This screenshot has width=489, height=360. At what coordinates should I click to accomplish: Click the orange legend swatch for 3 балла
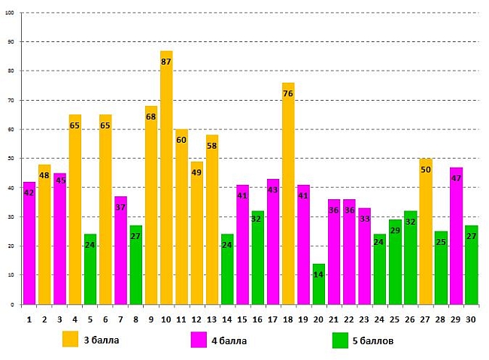coord(71,340)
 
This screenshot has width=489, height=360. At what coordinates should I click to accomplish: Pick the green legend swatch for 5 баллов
coord(341,340)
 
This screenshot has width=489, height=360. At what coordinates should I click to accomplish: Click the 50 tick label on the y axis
coord(10,159)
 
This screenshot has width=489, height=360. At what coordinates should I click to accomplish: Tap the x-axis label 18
coord(288,319)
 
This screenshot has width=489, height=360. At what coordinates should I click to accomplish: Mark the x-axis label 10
coord(166,319)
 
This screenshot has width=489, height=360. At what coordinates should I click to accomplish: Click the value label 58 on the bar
coord(212,146)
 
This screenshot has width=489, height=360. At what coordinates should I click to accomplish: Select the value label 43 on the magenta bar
coord(273,190)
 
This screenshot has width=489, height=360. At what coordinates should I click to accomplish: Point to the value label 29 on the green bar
coord(395,230)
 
